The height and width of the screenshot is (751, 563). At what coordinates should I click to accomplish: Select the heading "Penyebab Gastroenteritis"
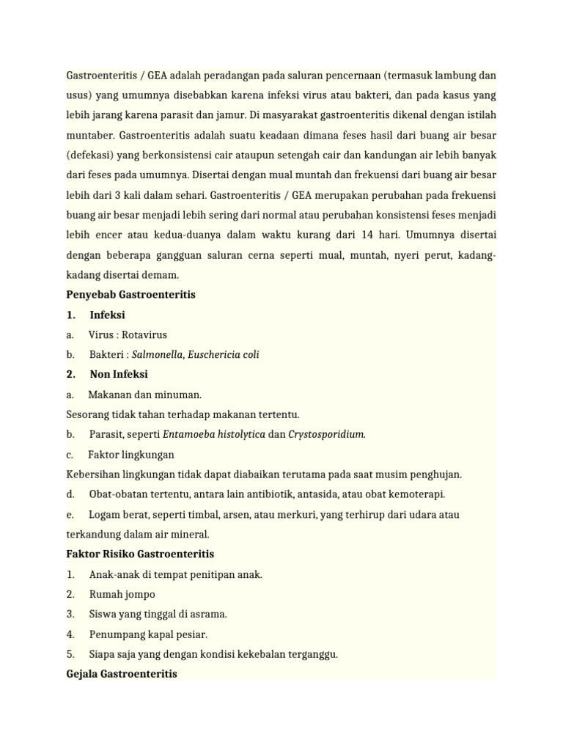point(130,294)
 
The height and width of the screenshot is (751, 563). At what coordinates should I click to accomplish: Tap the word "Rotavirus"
point(144,334)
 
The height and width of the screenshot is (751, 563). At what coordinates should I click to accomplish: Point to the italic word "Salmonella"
point(157,354)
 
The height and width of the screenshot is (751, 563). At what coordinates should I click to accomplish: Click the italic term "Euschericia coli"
point(224,354)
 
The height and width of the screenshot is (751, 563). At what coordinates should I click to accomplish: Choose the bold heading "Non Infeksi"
point(119,374)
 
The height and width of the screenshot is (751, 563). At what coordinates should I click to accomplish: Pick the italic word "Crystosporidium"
point(325,434)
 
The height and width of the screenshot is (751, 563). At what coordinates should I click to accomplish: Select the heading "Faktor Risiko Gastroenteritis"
point(140,554)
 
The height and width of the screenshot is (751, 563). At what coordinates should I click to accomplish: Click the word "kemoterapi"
point(417,494)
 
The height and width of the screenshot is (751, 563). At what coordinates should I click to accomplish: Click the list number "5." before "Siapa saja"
point(70,654)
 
